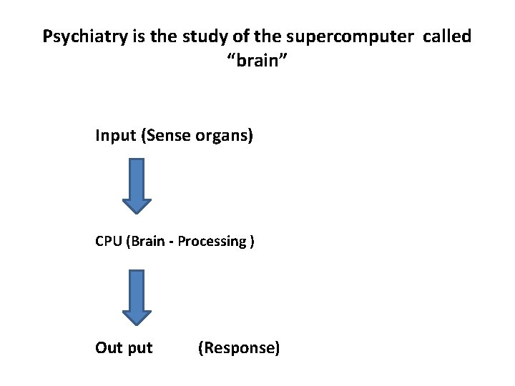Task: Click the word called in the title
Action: (x=447, y=36)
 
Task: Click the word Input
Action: (x=117, y=135)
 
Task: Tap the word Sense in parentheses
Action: (x=168, y=135)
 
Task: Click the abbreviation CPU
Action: (x=109, y=241)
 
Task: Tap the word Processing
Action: (x=212, y=241)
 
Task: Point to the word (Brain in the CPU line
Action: (x=146, y=241)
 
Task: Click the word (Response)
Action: (x=238, y=348)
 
